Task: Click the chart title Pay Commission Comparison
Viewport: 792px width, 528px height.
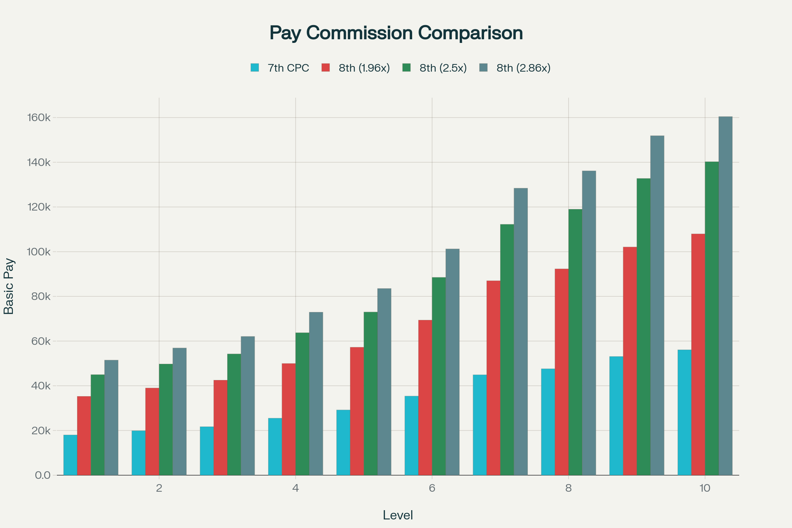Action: pos(396,33)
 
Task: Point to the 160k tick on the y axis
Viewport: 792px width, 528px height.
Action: pos(39,117)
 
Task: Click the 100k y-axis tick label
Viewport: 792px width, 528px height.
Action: pos(39,251)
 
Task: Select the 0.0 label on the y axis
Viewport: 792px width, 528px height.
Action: pos(43,475)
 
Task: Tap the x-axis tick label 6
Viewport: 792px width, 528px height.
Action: pos(432,488)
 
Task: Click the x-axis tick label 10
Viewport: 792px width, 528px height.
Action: pos(705,488)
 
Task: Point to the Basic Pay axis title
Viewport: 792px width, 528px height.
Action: pos(9,286)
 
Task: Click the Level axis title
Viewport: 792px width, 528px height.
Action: pos(398,515)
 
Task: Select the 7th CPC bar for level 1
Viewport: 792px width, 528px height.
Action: pos(70,455)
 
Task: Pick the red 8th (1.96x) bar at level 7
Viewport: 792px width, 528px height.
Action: pos(493,378)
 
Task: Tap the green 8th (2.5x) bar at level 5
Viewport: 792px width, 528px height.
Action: pos(370,393)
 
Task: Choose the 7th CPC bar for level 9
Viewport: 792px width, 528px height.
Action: pos(616,415)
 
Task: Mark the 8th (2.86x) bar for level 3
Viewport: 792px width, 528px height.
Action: pos(248,406)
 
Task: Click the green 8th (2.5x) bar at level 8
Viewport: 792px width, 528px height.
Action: pos(575,342)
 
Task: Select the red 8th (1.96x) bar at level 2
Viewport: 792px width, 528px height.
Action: pos(152,431)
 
